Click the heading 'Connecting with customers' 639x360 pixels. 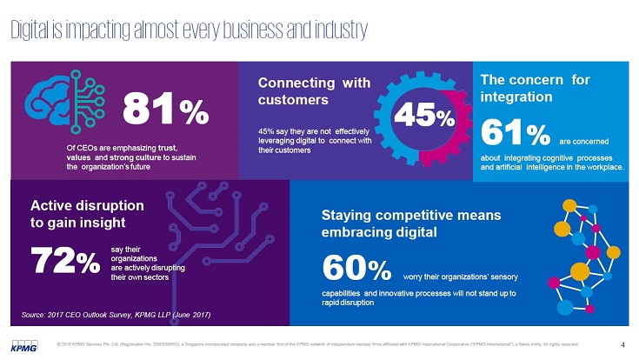pos(314,90)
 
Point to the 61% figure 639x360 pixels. pos(516,134)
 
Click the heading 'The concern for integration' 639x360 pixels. pos(535,87)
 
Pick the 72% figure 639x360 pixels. pos(64,259)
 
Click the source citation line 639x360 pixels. pos(115,313)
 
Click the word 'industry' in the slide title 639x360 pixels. pos(334,29)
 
